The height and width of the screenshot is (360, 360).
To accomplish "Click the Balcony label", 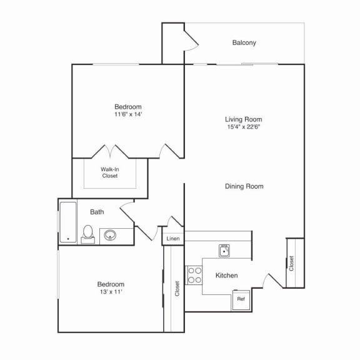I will click(x=244, y=43).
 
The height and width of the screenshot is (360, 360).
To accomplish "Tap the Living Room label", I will click(x=243, y=119).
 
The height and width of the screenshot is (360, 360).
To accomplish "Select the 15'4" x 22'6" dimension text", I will click(x=243, y=127).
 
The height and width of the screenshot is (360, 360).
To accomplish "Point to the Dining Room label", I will click(x=243, y=186).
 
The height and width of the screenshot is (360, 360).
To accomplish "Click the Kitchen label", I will click(x=226, y=276).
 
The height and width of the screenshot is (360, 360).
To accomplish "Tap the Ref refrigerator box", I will click(x=241, y=299).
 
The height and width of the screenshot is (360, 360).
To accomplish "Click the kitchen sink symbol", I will click(x=225, y=251).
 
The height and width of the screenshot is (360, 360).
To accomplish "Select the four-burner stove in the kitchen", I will click(x=194, y=275).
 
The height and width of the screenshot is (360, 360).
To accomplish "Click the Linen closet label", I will click(x=172, y=239).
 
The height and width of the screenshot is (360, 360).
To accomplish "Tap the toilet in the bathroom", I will click(x=88, y=234).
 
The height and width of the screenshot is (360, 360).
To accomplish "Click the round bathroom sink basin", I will click(x=111, y=236).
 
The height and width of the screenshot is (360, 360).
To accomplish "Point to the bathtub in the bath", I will click(x=67, y=222).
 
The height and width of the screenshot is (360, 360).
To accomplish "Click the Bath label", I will click(x=97, y=212).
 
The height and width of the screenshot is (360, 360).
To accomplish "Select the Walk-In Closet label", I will click(x=109, y=172).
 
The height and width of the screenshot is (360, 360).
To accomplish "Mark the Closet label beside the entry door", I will click(x=291, y=263).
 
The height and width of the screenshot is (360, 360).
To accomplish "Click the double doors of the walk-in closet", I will click(x=109, y=152).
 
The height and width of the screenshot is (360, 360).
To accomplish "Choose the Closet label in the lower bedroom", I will click(x=177, y=287).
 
